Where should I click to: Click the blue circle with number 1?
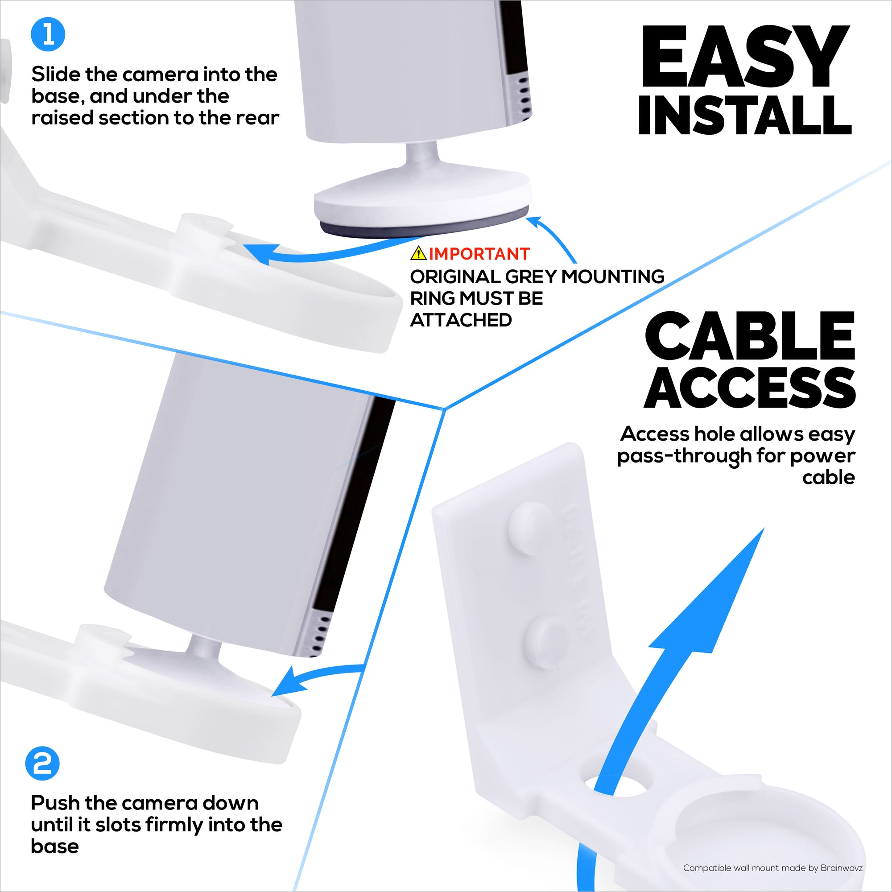(48, 35)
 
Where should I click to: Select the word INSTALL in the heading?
(745, 116)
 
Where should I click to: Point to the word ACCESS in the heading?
(749, 388)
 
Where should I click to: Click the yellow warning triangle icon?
(418, 253)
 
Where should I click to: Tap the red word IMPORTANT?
(479, 254)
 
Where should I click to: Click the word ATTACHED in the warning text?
(461, 320)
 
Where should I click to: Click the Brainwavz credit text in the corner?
(772, 868)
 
